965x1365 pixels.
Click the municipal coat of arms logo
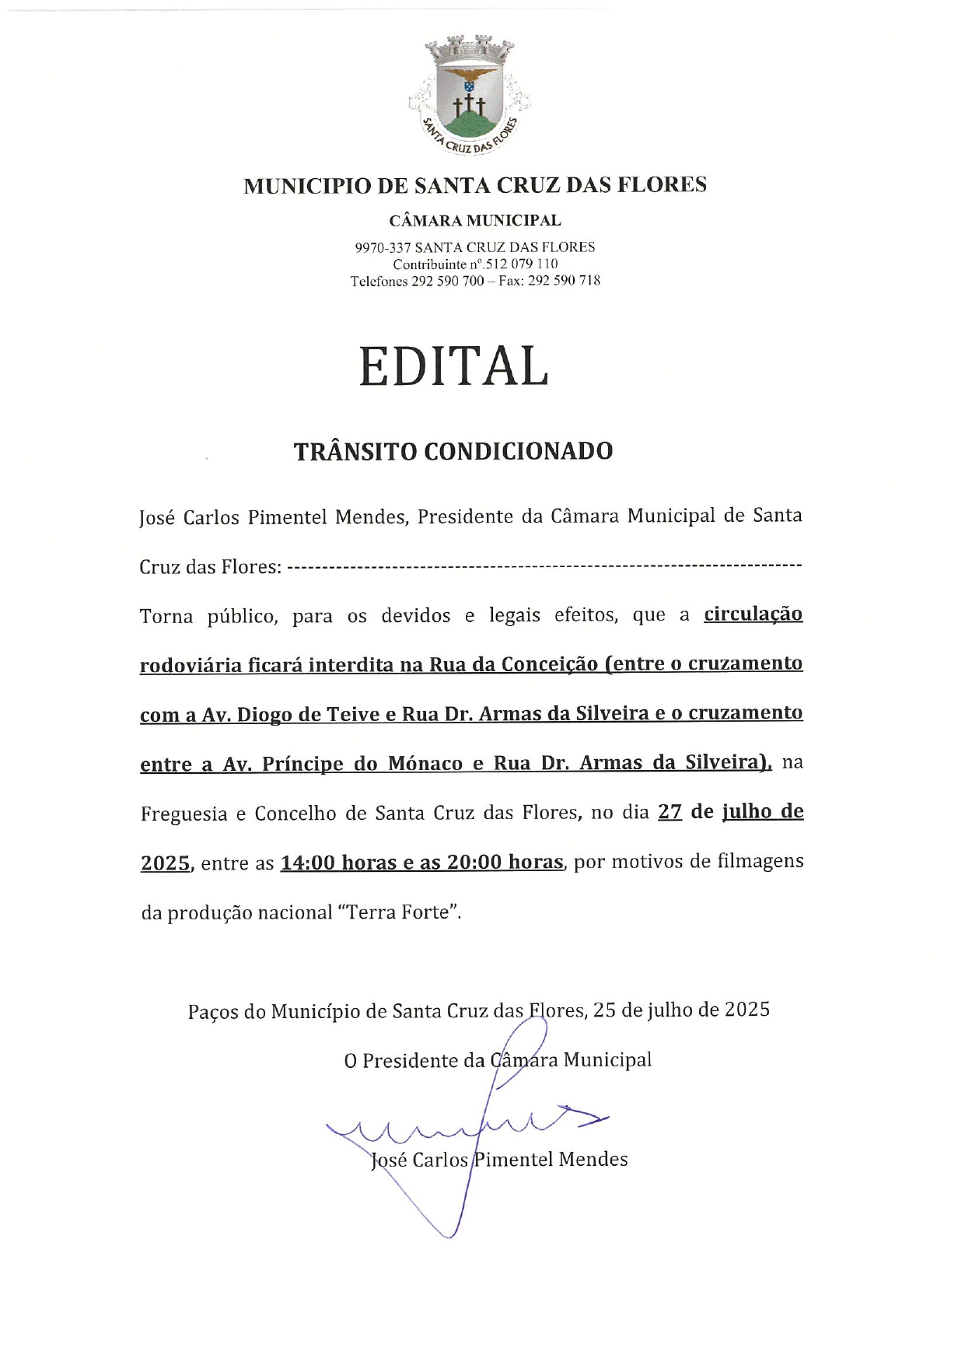[470, 93]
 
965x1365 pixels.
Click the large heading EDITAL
[454, 366]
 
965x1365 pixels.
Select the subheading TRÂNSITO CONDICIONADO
[453, 451]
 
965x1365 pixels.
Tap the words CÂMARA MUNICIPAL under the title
[475, 221]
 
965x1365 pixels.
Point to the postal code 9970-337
[383, 247]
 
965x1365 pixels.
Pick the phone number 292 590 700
[447, 281]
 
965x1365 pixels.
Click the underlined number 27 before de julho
[670, 812]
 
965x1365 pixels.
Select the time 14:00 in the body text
[308, 863]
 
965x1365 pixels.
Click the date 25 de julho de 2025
[681, 1010]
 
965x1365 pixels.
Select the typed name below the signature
[499, 1160]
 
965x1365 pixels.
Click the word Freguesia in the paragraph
[184, 814]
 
